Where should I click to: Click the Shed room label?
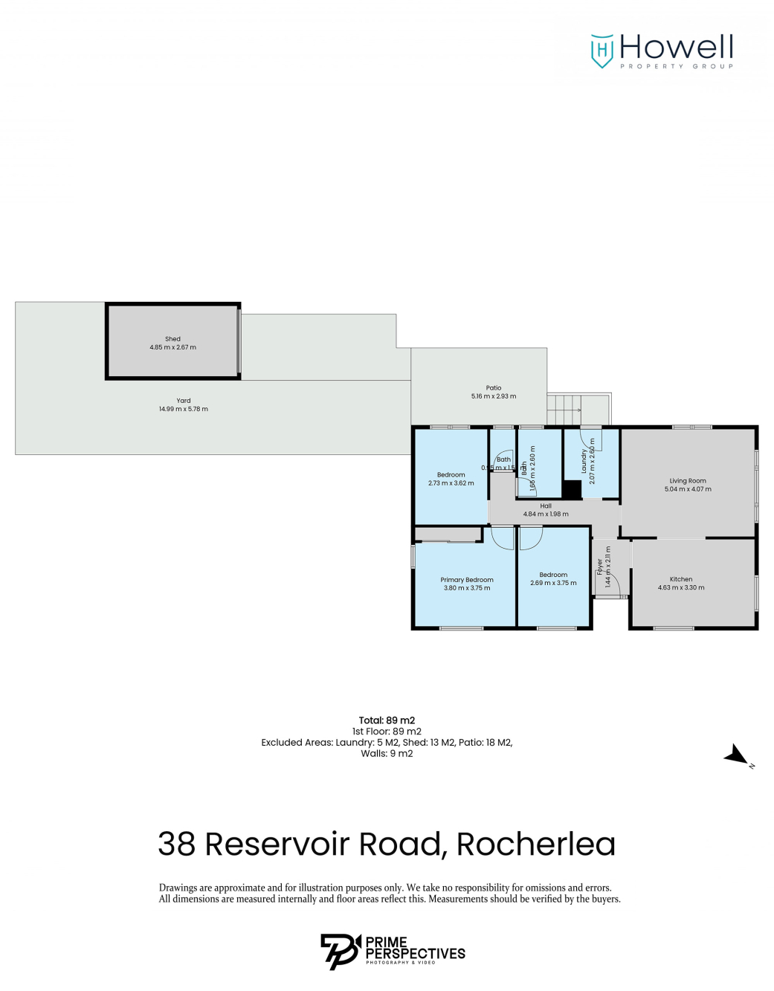[172, 339]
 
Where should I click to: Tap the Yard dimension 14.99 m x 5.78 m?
[184, 409]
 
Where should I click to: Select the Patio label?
[494, 388]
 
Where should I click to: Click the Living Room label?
[688, 481]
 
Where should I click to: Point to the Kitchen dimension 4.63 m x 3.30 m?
[681, 587]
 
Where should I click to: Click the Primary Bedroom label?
[467, 580]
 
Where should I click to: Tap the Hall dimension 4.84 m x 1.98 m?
[546, 514]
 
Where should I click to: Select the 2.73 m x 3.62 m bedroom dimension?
[451, 483]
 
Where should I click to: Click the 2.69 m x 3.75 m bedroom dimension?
[553, 583]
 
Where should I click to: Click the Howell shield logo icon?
[602, 51]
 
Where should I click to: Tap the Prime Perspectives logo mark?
[340, 952]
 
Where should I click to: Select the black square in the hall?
[571, 490]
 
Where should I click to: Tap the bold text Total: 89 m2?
[387, 720]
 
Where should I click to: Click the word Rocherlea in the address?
[535, 845]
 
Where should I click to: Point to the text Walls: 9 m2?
[387, 754]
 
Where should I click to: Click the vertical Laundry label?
[584, 462]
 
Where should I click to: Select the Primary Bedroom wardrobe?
[448, 534]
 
